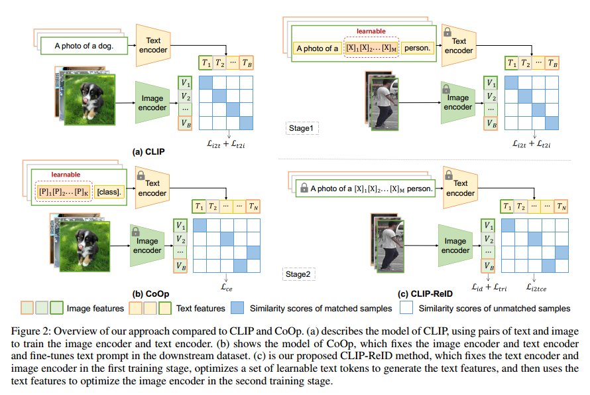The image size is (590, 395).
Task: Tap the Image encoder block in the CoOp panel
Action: (147, 246)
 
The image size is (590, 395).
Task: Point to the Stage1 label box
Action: (300, 127)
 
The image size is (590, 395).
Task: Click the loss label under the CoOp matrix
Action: (226, 287)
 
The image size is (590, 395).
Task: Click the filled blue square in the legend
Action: (237, 308)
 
